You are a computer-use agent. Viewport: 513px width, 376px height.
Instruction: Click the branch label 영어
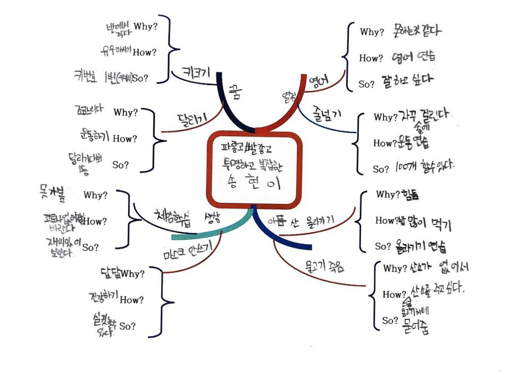click(318, 81)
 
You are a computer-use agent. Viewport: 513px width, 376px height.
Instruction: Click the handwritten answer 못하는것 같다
click(417, 31)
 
